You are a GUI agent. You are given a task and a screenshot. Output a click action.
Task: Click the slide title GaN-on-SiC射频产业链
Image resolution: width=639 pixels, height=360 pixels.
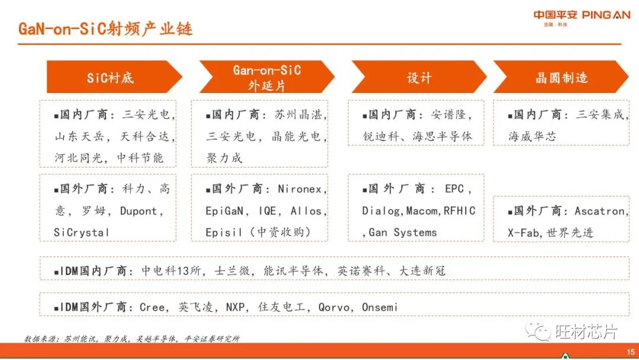coord(105,28)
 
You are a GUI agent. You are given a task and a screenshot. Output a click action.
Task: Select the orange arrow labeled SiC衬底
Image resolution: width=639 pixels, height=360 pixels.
coord(112,78)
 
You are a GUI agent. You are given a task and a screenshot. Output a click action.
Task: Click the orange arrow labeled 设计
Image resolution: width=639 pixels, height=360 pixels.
coord(419,78)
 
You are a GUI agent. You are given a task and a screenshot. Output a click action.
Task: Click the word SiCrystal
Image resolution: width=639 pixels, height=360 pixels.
coord(82,233)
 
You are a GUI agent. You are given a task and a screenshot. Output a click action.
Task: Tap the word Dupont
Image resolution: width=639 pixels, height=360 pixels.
coord(140,211)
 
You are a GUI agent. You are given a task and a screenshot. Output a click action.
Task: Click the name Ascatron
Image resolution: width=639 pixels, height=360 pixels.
coord(599,211)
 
